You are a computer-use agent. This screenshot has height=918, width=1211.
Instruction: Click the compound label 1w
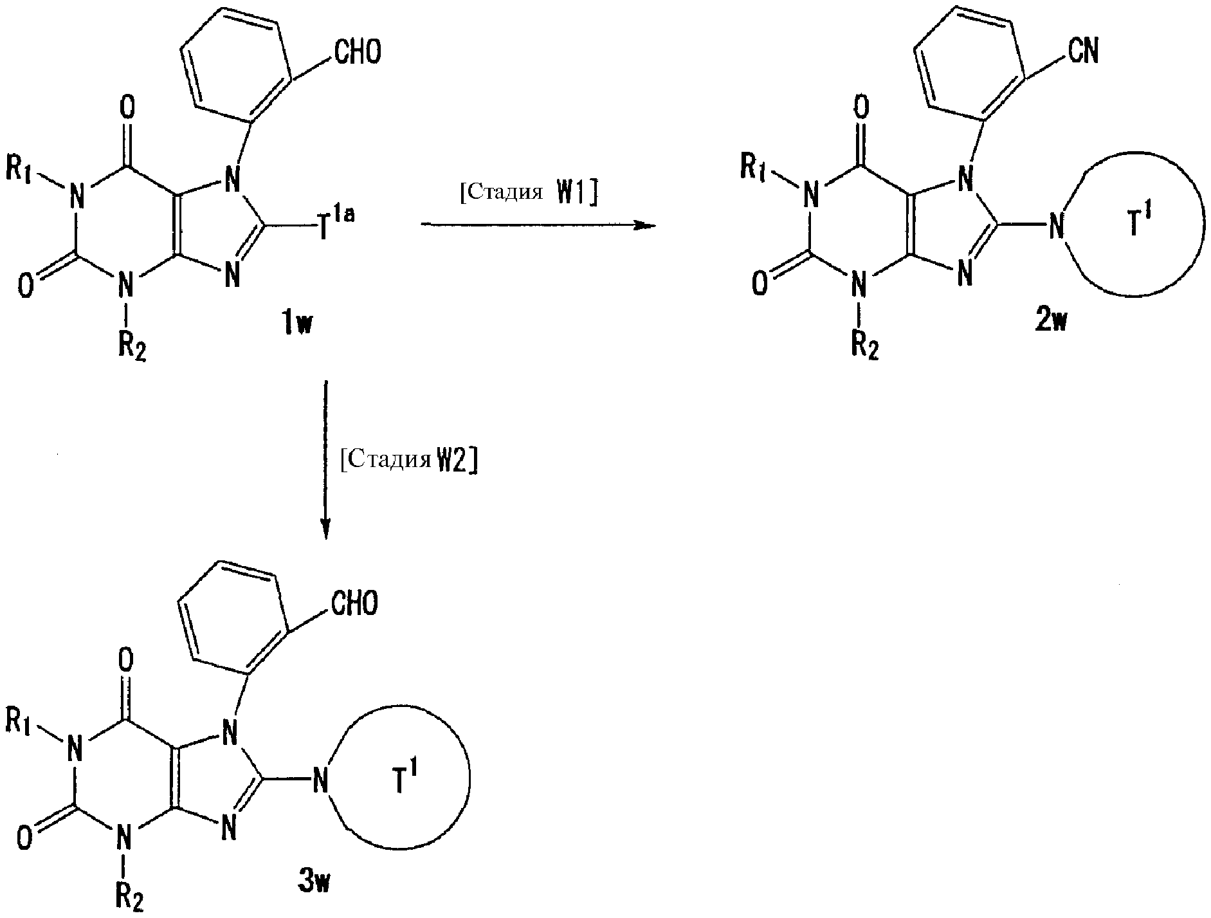[x=295, y=324]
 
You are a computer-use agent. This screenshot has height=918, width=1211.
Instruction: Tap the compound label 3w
[x=314, y=883]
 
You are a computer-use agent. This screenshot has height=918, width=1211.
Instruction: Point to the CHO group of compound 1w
[x=356, y=52]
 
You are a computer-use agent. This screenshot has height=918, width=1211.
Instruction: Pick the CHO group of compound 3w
[x=354, y=603]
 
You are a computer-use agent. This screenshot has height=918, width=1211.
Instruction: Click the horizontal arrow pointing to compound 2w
[x=538, y=225]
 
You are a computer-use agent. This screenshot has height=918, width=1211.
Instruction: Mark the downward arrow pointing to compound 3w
[x=326, y=460]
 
